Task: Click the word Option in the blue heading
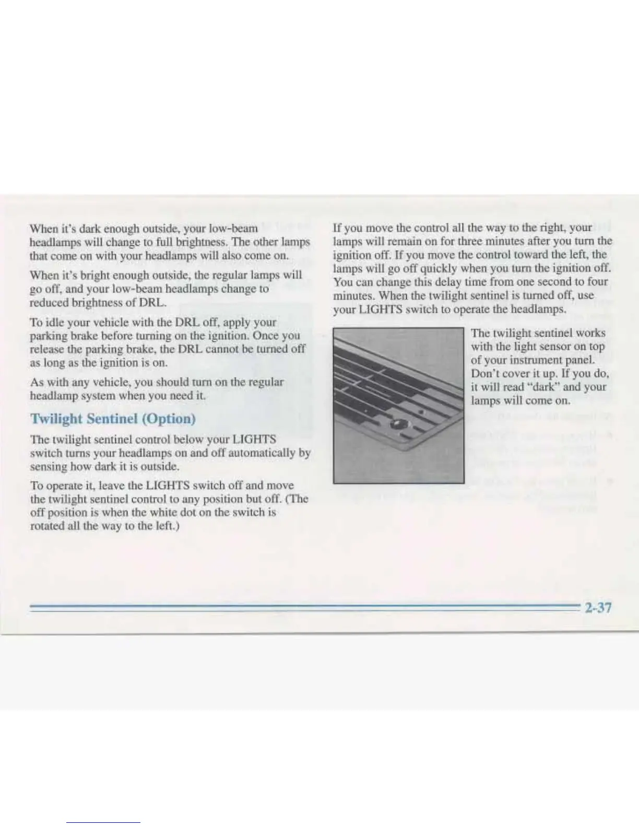(168, 419)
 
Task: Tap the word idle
(55, 322)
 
